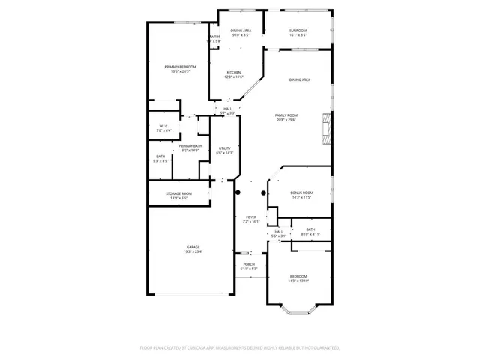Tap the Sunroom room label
(x=298, y=32)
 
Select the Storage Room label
(x=178, y=196)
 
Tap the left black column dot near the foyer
(x=238, y=193)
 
